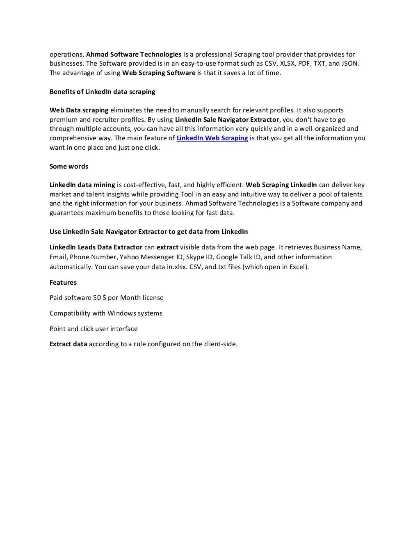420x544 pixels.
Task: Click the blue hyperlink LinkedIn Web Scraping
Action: coord(212,138)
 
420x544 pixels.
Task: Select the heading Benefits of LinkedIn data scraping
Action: coord(102,91)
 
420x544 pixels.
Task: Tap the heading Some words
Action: coord(68,166)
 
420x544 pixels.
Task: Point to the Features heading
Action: coord(63,282)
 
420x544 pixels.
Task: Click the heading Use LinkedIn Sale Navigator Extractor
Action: coord(148,231)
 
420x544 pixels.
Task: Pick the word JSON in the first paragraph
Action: coord(350,64)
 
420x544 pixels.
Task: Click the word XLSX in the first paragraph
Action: coord(287,64)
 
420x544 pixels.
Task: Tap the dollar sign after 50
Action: coord(105,298)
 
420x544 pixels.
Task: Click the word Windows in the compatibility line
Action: coord(121,313)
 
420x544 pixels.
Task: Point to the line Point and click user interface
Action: coord(94,329)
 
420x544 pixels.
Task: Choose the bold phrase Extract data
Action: coord(68,344)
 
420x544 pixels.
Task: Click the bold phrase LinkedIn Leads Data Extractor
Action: coord(96,247)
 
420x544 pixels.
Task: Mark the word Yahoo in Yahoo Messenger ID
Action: coord(129,257)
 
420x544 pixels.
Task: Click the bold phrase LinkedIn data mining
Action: coord(82,185)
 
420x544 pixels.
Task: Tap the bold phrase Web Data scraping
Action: coord(79,110)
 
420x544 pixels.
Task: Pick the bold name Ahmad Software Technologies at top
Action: coord(134,55)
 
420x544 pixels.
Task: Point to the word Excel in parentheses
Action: coord(297,267)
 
